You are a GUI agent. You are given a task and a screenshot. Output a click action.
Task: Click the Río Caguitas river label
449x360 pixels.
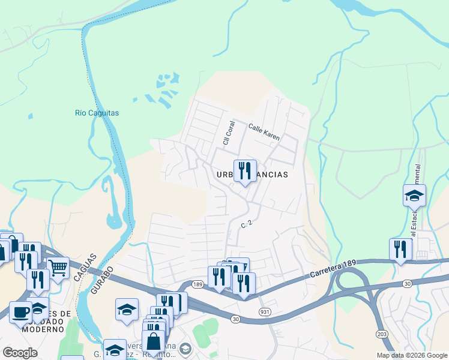[97, 113]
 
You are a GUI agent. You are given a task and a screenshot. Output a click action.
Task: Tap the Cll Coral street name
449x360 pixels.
[228, 133]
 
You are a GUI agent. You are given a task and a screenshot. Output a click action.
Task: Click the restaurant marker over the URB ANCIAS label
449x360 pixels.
[245, 171]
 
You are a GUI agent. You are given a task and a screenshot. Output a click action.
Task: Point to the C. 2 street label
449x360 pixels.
[245, 224]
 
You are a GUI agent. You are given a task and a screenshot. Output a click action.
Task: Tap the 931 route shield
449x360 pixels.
[265, 311]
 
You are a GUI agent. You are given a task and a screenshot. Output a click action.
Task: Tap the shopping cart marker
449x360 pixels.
[58, 268]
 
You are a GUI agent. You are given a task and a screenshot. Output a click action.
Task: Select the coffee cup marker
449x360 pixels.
[21, 312]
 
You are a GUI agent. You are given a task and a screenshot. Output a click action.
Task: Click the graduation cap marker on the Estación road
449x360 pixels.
[414, 196]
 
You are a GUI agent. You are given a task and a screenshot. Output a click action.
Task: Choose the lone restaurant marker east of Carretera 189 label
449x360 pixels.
[400, 249]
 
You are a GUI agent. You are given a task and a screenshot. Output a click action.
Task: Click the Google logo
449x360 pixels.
[20, 352]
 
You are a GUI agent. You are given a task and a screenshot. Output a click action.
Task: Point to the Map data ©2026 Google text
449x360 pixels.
[412, 355]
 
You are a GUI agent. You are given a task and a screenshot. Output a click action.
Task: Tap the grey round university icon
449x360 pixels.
[185, 349]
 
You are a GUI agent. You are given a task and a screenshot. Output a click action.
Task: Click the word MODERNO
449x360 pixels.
[43, 329]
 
